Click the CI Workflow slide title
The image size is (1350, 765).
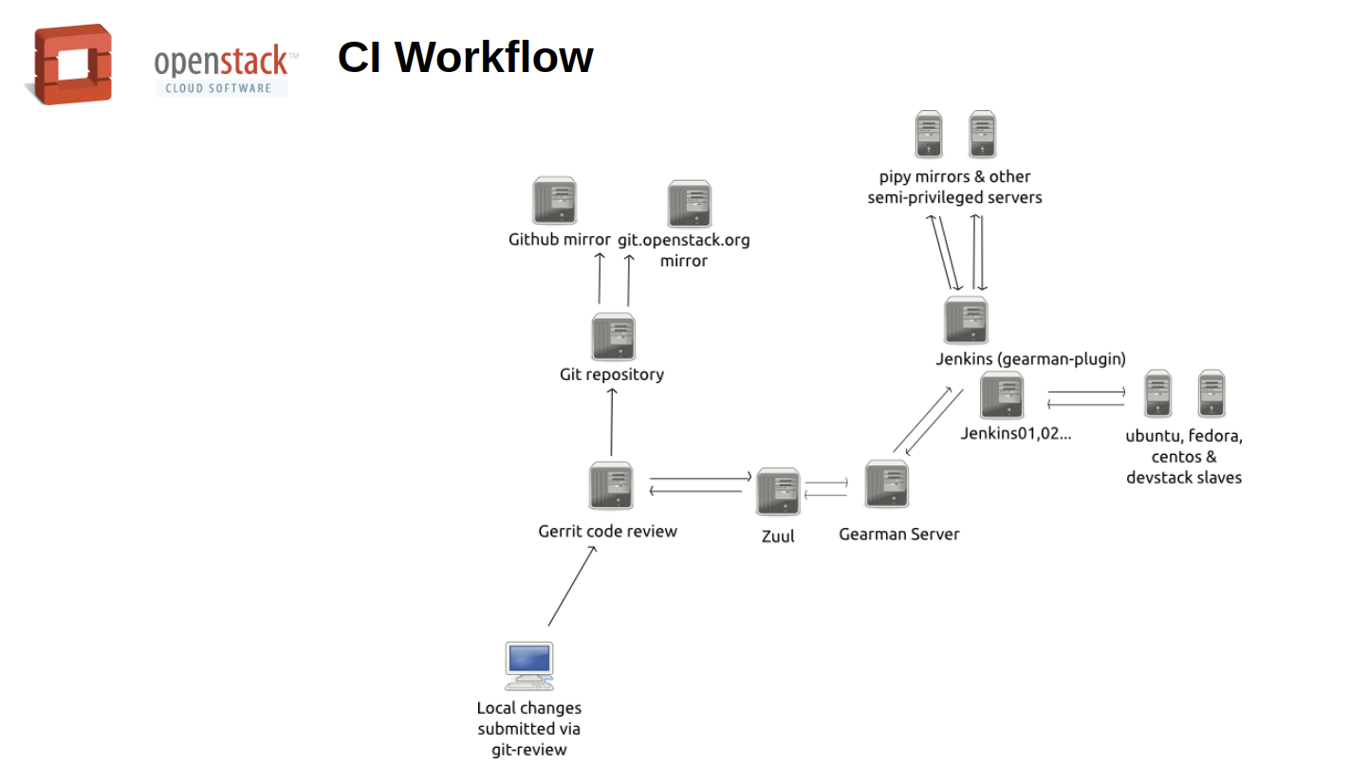click(x=465, y=57)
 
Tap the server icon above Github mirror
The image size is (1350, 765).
click(x=555, y=200)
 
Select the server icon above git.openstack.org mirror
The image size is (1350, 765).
click(x=689, y=204)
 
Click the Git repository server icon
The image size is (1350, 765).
click(x=613, y=337)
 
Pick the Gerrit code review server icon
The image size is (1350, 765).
click(x=611, y=485)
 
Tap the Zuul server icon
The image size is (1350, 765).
click(x=778, y=491)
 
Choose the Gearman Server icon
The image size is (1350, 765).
click(x=887, y=484)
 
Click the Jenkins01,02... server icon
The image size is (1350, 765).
click(x=1001, y=395)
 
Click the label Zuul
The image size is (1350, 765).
click(x=778, y=537)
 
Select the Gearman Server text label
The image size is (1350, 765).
click(x=899, y=535)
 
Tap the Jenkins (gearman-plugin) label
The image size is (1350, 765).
click(x=1030, y=359)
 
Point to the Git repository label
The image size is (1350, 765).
click(x=612, y=374)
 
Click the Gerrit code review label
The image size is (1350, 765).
click(x=608, y=532)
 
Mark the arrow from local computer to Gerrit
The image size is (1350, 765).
click(x=572, y=586)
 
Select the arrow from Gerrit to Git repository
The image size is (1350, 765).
click(x=612, y=422)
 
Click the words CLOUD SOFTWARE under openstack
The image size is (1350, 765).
click(x=218, y=88)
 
